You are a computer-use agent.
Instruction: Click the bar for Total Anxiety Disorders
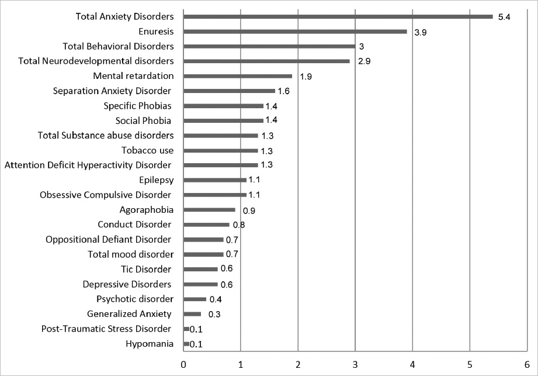[338, 16]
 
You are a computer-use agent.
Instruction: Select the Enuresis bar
[295, 32]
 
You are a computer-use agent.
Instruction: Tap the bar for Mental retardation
[238, 76]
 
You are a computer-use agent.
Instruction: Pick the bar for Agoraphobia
[209, 209]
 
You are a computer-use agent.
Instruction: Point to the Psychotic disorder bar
[195, 299]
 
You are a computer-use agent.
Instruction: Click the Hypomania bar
[186, 344]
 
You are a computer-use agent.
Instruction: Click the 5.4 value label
[504, 18]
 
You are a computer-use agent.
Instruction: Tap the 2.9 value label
[364, 61]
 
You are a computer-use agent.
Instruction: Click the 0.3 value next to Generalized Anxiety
[214, 315]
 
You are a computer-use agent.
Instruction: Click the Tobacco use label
[147, 150]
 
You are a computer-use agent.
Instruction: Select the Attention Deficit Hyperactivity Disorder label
[88, 165]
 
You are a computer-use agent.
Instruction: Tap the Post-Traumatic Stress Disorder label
[106, 329]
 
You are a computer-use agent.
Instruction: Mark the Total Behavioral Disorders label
[118, 46]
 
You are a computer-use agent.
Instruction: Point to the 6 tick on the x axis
[526, 364]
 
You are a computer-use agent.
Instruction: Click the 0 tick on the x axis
[183, 364]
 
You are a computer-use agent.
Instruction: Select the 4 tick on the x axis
[412, 364]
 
